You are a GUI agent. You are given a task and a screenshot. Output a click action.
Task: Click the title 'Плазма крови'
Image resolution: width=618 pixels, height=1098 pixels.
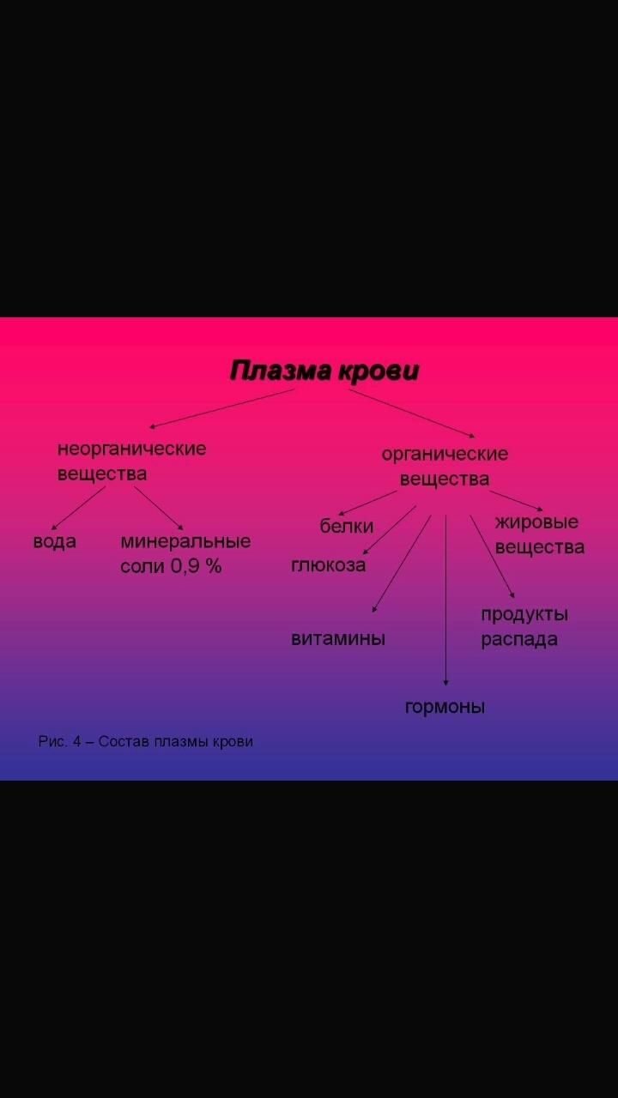[x=324, y=371]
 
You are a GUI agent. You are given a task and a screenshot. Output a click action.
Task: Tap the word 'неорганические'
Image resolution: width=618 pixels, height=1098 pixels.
[x=131, y=449]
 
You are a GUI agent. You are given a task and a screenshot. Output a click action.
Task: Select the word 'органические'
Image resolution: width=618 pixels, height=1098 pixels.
[x=445, y=454]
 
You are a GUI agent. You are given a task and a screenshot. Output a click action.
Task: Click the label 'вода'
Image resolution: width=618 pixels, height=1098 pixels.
[x=54, y=542]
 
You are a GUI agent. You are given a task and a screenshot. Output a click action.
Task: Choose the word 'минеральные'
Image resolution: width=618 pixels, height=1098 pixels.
[x=185, y=542]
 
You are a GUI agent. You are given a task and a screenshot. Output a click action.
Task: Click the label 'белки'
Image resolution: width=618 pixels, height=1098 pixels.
[x=347, y=527]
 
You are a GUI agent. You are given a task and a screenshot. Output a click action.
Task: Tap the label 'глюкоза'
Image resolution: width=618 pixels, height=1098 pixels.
[x=328, y=565]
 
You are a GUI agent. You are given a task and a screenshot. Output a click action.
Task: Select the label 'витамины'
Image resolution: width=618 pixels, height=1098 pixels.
[x=338, y=639]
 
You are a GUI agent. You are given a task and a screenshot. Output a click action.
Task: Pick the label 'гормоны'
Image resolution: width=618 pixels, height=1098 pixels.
[x=445, y=708]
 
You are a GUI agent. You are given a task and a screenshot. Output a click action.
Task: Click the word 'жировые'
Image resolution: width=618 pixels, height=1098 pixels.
[x=536, y=522]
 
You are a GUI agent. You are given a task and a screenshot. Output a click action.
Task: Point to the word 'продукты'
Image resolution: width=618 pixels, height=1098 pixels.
[x=524, y=615]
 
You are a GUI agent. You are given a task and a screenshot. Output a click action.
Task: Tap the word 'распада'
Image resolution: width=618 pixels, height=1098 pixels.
[x=518, y=640]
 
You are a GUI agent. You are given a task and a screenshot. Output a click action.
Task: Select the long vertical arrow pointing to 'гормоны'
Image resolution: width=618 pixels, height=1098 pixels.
[x=445, y=600]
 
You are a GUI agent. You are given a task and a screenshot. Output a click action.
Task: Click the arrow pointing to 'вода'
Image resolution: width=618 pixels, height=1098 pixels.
[x=78, y=508]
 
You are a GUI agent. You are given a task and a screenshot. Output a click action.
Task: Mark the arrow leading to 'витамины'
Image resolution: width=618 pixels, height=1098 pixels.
[x=401, y=564]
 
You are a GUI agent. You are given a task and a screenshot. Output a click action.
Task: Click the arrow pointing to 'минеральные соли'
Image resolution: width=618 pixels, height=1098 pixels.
[x=159, y=508]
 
